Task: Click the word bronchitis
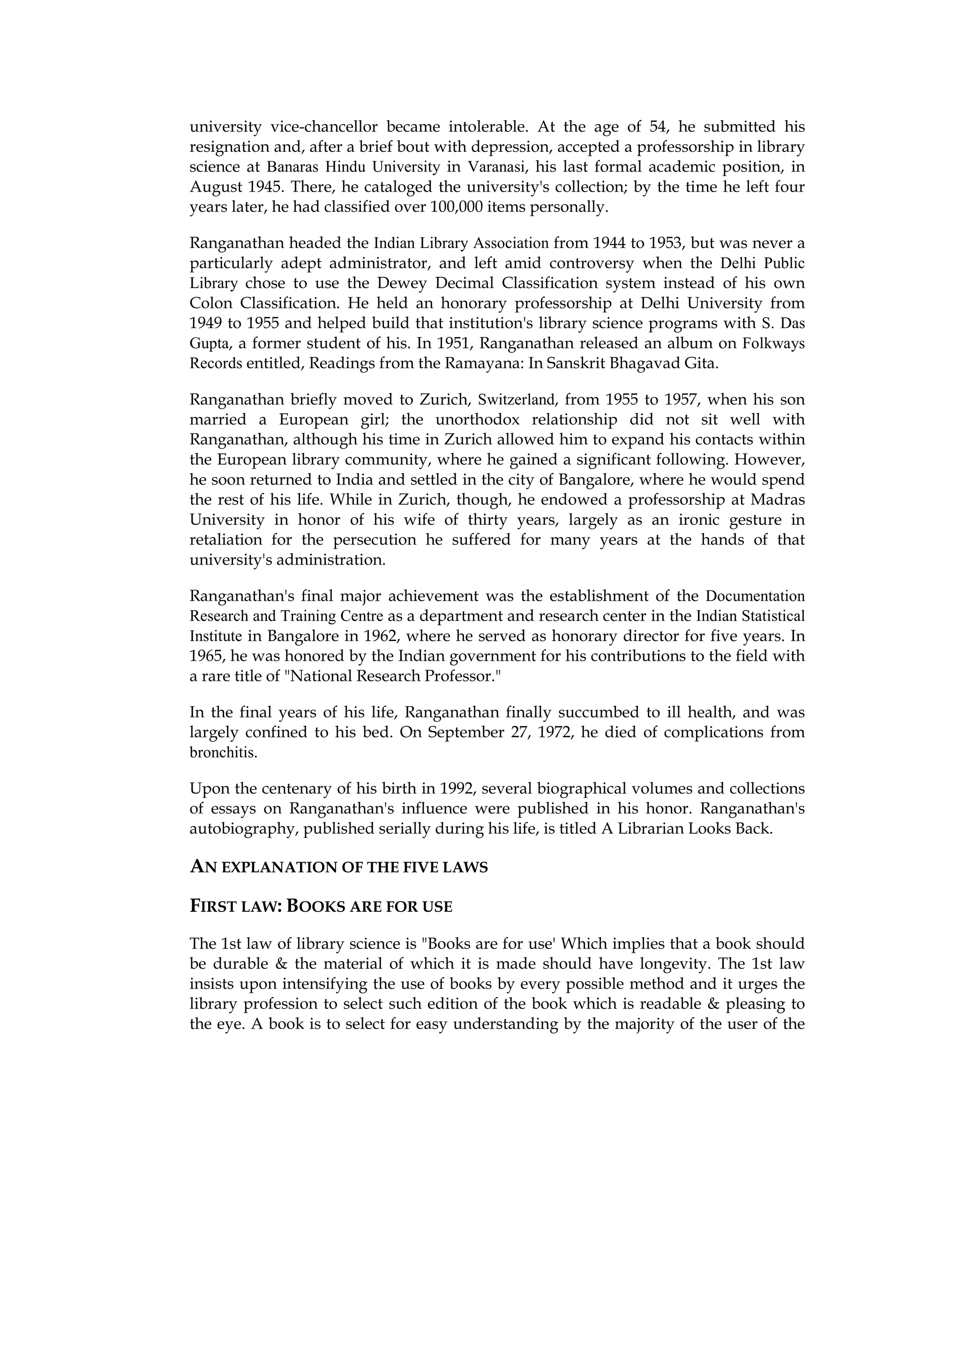223,753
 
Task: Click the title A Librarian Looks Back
687,828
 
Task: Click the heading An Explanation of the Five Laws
338,868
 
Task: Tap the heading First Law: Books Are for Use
321,907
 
